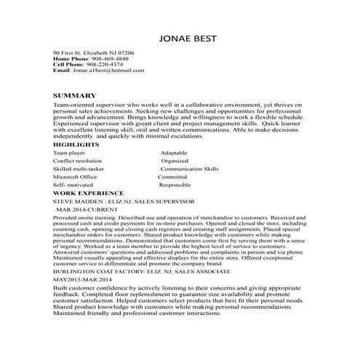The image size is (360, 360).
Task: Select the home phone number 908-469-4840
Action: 107,59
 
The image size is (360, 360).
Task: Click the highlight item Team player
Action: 70,153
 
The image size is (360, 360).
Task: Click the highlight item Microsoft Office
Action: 75,176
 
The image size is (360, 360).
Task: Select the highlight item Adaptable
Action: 173,153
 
